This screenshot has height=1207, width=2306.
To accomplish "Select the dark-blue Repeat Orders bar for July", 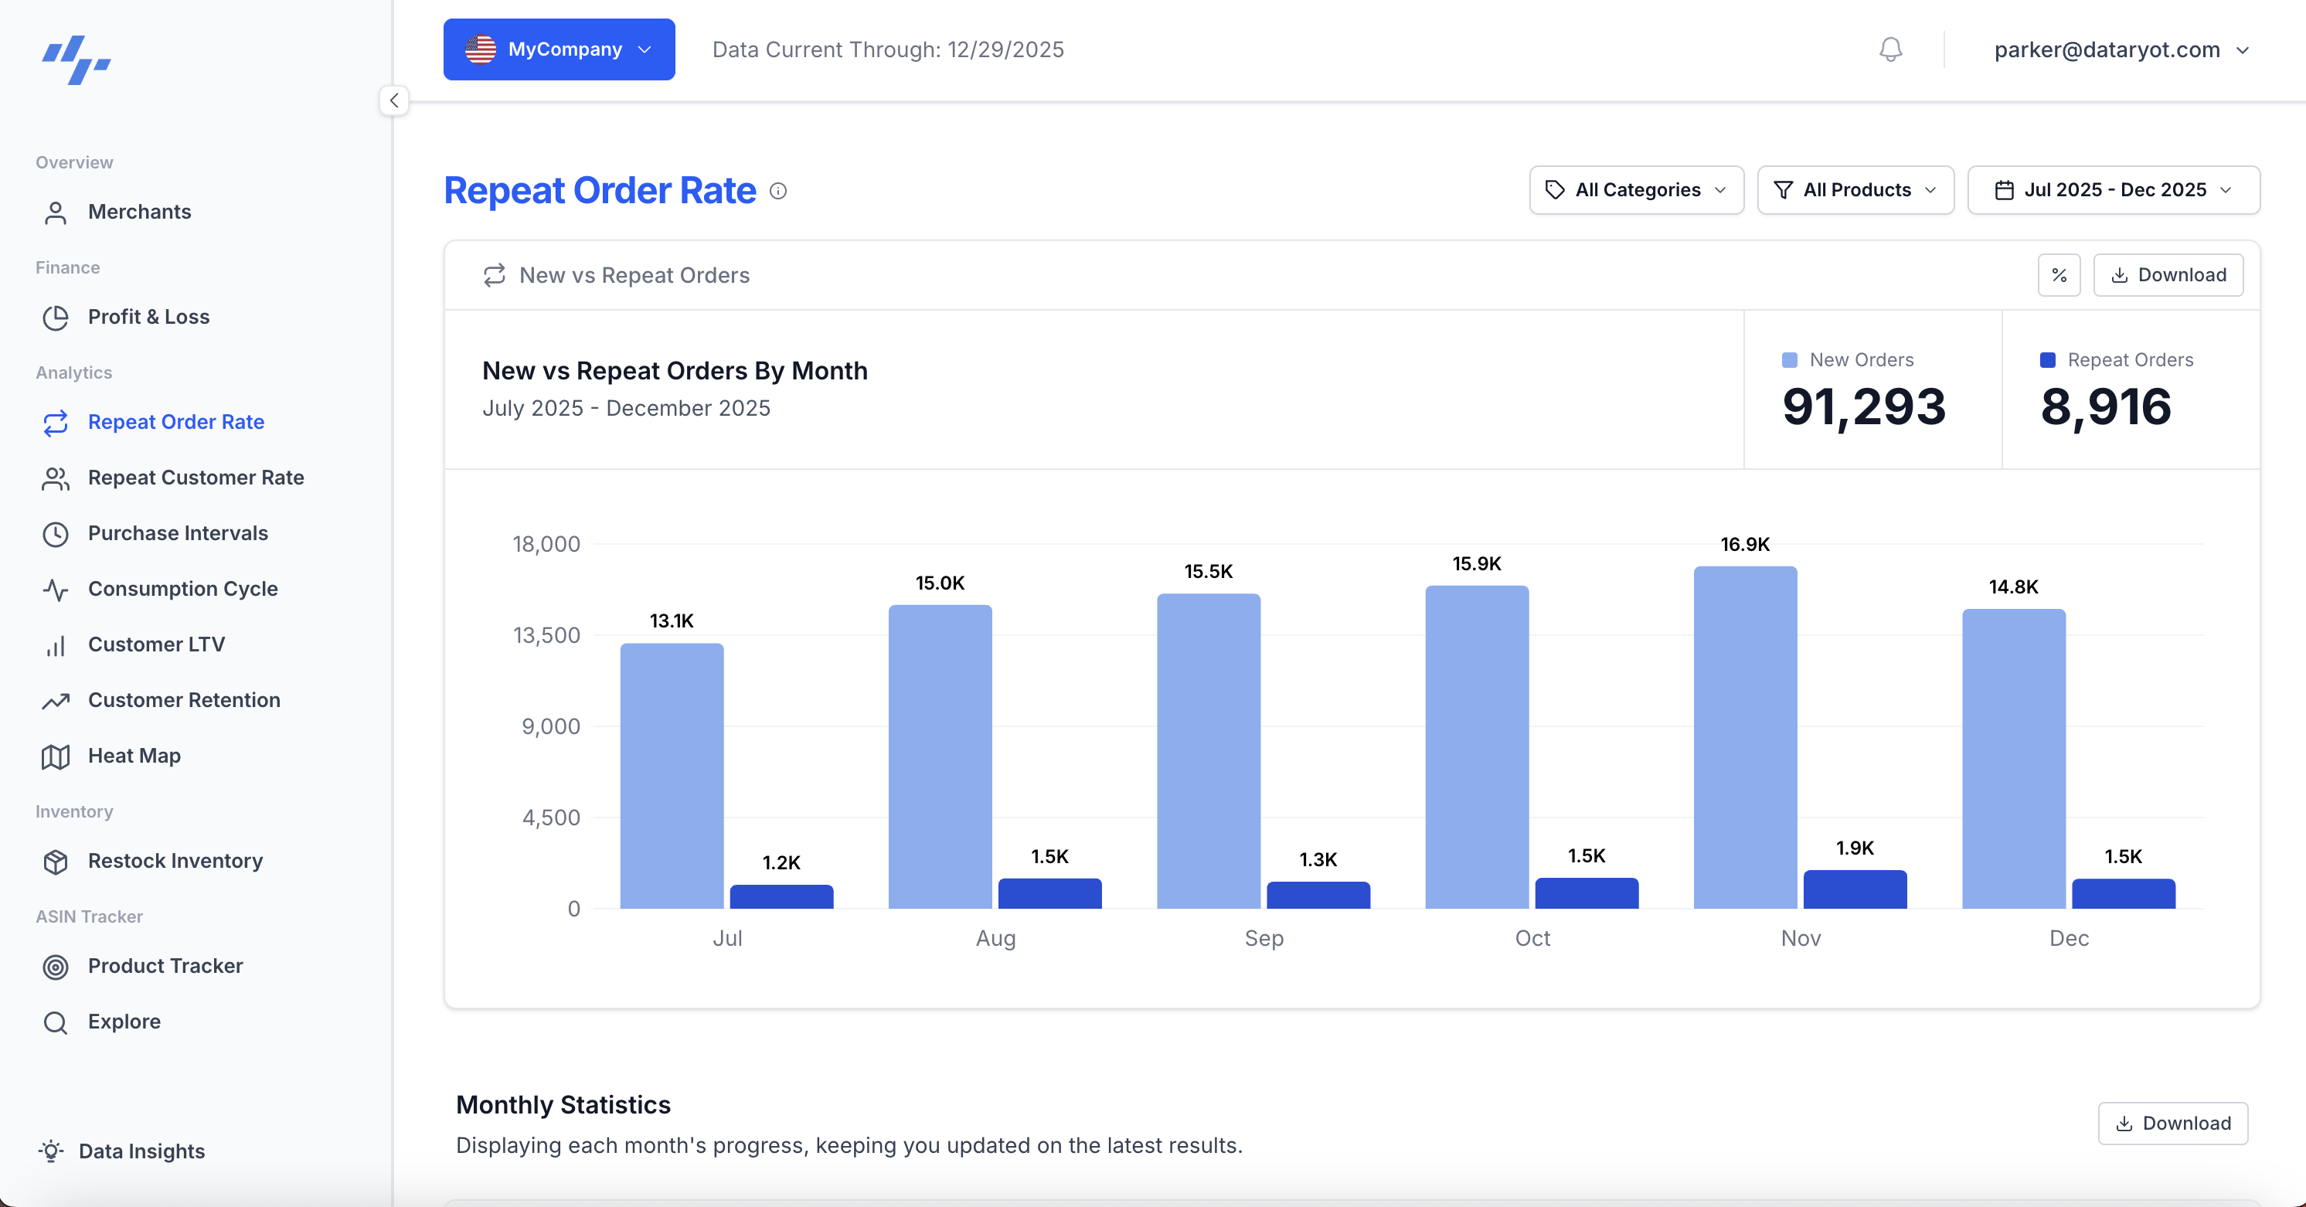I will click(781, 896).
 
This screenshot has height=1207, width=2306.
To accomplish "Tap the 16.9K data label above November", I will click(1745, 545).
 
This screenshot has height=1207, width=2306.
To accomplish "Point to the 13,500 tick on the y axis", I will click(546, 636).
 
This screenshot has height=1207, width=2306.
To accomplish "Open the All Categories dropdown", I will click(1637, 190).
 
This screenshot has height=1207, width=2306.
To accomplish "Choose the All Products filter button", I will click(1855, 190).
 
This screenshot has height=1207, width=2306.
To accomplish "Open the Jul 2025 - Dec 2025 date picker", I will click(2114, 190).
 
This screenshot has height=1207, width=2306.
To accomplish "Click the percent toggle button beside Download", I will click(2059, 275).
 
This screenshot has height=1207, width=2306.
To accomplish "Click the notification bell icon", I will click(1891, 49).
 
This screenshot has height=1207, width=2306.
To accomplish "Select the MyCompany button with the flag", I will click(559, 49).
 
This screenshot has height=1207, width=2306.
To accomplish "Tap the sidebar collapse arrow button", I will click(394, 100).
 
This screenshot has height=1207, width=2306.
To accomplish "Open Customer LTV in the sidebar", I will click(156, 644).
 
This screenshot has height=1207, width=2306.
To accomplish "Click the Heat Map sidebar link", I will click(134, 756).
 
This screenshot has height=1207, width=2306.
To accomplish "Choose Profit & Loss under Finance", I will click(148, 317).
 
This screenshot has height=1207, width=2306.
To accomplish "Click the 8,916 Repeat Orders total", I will click(2106, 406).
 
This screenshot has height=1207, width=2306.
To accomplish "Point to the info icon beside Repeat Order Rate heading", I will click(779, 191).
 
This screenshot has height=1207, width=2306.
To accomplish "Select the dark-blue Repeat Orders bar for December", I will click(2124, 893).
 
